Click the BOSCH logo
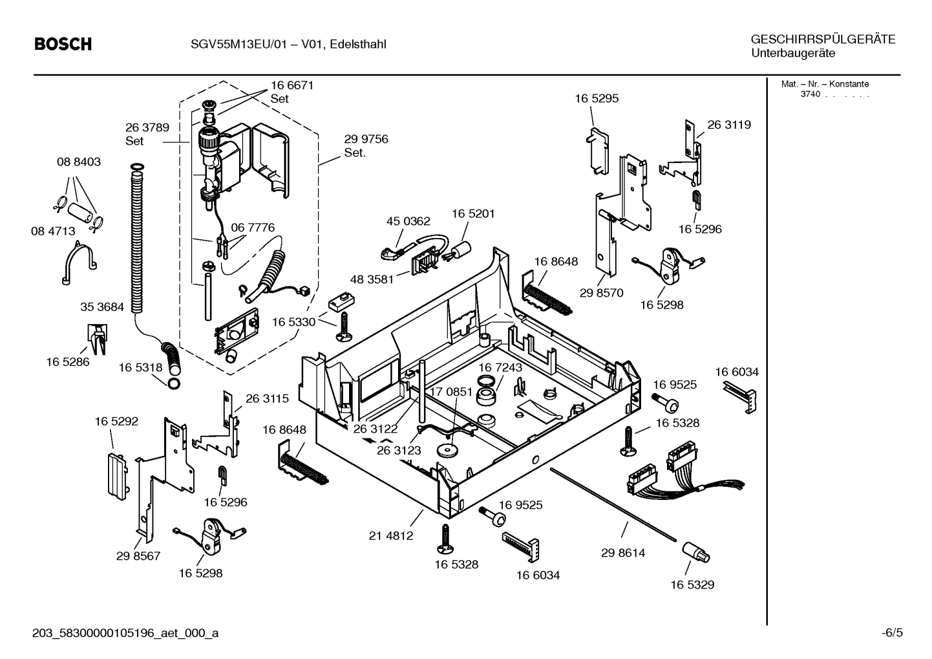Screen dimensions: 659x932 tap(63, 44)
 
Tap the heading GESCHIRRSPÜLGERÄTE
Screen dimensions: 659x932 tap(823, 39)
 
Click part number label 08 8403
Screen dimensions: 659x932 tap(79, 162)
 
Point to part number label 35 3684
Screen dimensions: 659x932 tap(101, 307)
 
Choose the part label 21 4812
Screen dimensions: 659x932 tap(390, 535)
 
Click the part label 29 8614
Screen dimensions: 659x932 tap(622, 553)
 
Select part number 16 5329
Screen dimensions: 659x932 tap(692, 585)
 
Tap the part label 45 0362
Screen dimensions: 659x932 tap(408, 221)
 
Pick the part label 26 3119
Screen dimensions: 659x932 tap(728, 125)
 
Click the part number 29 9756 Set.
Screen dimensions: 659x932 tap(366, 146)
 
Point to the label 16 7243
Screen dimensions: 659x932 tap(500, 367)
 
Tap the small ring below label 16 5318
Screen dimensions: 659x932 tap(174, 385)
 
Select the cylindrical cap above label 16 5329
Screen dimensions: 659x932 tap(695, 553)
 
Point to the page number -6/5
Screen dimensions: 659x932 tap(891, 633)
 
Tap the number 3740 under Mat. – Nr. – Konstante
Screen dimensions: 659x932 tap(810, 94)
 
